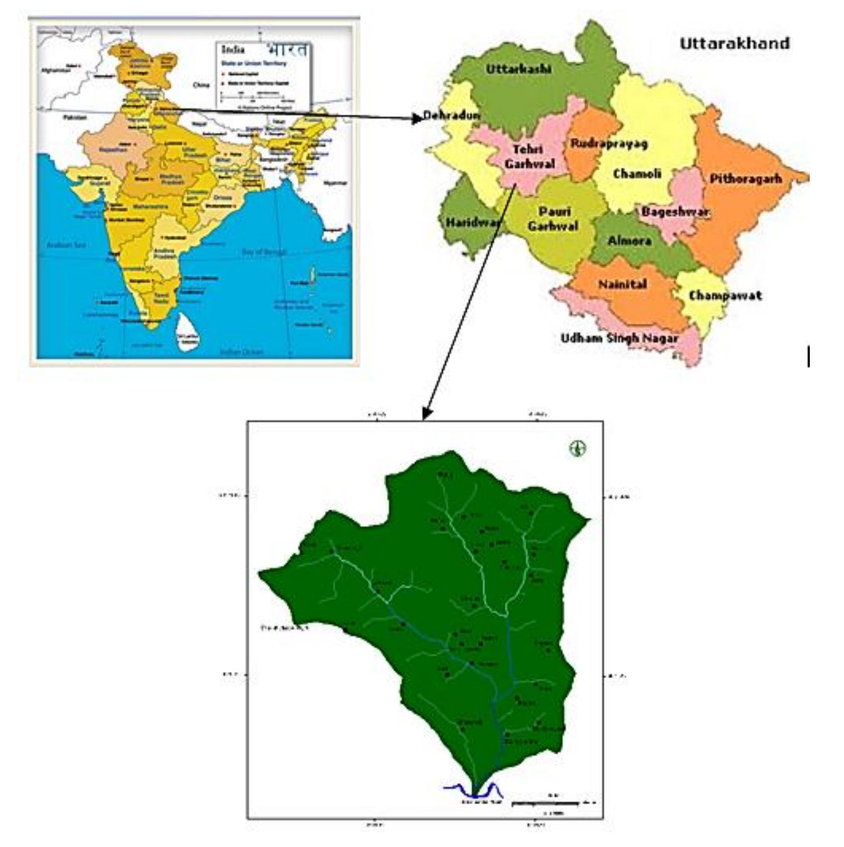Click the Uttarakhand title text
coord(734,44)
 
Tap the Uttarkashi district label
coord(518,69)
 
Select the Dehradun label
coord(452,116)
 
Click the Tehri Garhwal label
coord(529,156)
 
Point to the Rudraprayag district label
coord(609,143)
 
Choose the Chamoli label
coord(637,174)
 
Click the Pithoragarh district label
coord(745,179)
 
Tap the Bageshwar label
coord(675,212)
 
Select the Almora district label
coord(629,240)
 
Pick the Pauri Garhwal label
coord(553,219)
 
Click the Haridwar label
coord(473,222)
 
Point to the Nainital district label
coord(622,284)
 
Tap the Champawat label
coord(725,295)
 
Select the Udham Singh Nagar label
coord(619,338)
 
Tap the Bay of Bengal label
coord(264,252)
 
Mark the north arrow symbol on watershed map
coord(577,448)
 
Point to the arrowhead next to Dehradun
coord(417,119)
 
